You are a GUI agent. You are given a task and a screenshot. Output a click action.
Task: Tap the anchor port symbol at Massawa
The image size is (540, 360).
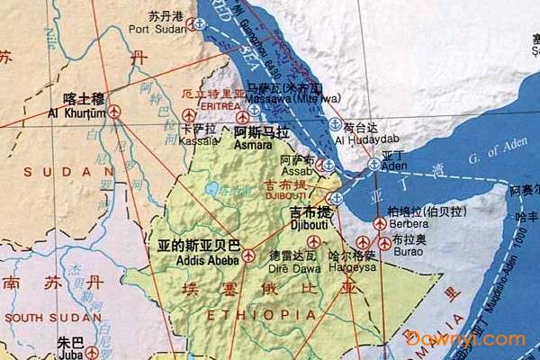point(255,109)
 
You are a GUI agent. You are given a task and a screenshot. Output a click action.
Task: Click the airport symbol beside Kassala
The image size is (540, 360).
point(189,115)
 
